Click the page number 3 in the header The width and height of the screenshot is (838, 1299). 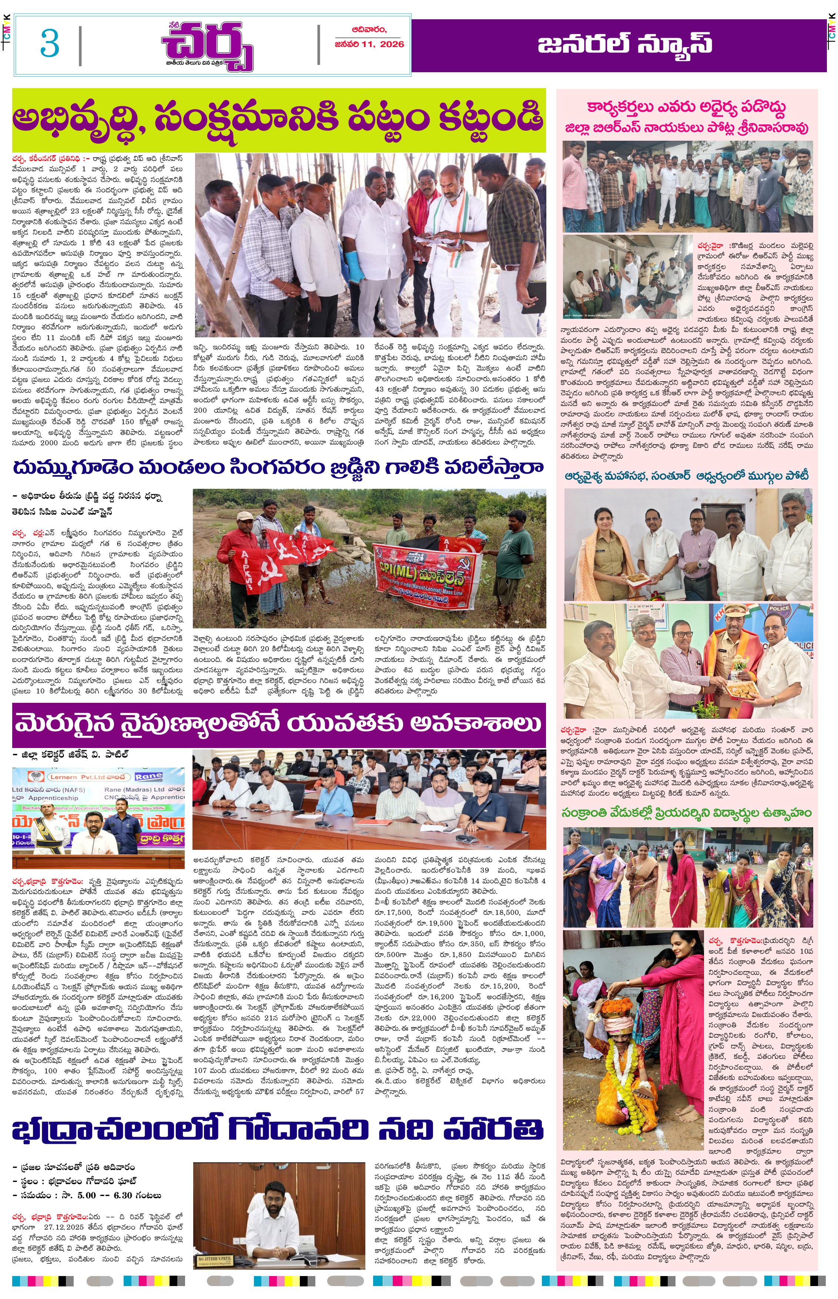(x=50, y=44)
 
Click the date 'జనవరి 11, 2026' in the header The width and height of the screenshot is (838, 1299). (x=369, y=44)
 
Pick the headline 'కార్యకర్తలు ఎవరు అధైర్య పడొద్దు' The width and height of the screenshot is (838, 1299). (x=686, y=108)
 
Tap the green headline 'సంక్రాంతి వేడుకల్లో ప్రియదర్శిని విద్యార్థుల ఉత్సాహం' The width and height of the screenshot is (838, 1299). (x=686, y=813)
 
